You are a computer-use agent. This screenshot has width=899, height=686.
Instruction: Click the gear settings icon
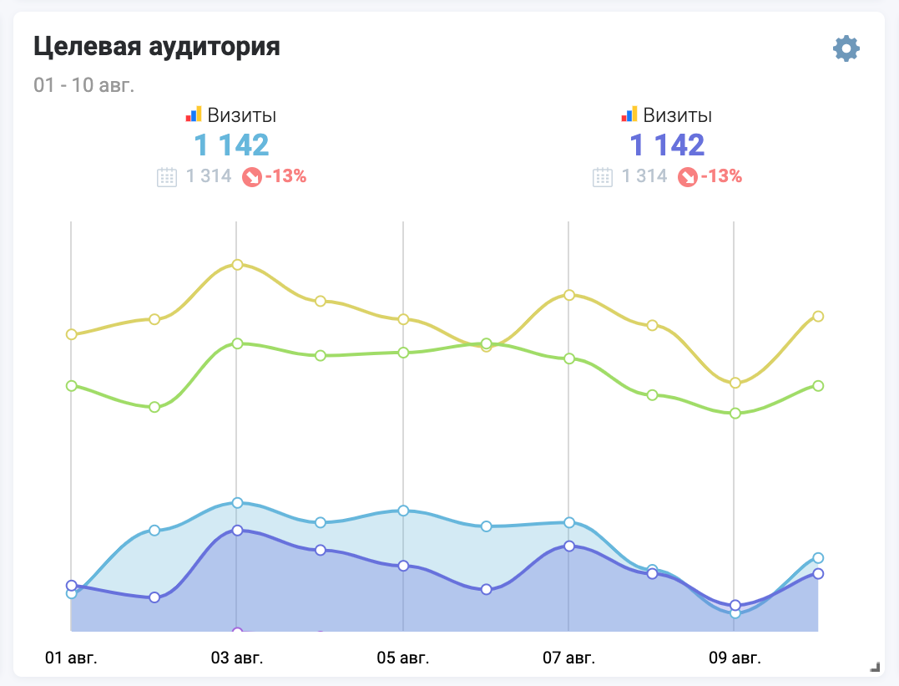(846, 48)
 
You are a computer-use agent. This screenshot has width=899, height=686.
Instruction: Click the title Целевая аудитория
(157, 47)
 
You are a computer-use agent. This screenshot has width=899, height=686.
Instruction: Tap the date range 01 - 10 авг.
(84, 85)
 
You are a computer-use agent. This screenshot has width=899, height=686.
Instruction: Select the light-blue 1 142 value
(231, 145)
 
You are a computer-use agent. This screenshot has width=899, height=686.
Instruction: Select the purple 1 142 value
(667, 145)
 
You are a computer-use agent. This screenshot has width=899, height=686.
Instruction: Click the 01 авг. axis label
(71, 658)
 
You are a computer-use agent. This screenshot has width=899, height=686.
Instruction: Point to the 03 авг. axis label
(237, 658)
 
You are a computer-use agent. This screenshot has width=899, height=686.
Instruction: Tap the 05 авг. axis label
(403, 658)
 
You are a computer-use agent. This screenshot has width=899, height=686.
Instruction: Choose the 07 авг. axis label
(568, 658)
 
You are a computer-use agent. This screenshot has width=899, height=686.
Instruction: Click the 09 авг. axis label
(735, 658)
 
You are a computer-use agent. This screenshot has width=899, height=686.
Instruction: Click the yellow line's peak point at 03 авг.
(237, 265)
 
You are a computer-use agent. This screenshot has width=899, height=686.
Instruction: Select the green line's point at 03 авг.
(237, 343)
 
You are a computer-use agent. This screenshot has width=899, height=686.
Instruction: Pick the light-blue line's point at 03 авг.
(237, 503)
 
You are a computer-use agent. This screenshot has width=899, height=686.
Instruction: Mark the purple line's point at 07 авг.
(568, 546)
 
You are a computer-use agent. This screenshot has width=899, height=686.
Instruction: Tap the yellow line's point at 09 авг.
(735, 383)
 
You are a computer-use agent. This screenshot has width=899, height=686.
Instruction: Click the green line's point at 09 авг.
(735, 414)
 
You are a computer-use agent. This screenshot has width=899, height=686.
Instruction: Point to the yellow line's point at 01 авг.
(72, 334)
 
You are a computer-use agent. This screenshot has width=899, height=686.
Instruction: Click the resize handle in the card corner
(875, 666)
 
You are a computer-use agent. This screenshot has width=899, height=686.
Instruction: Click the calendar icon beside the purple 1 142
(603, 177)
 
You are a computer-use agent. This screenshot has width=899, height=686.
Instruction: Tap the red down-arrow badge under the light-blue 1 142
(251, 177)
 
